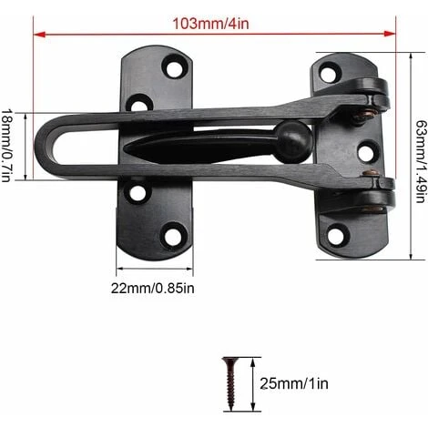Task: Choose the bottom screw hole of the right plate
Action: (x=336, y=235)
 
